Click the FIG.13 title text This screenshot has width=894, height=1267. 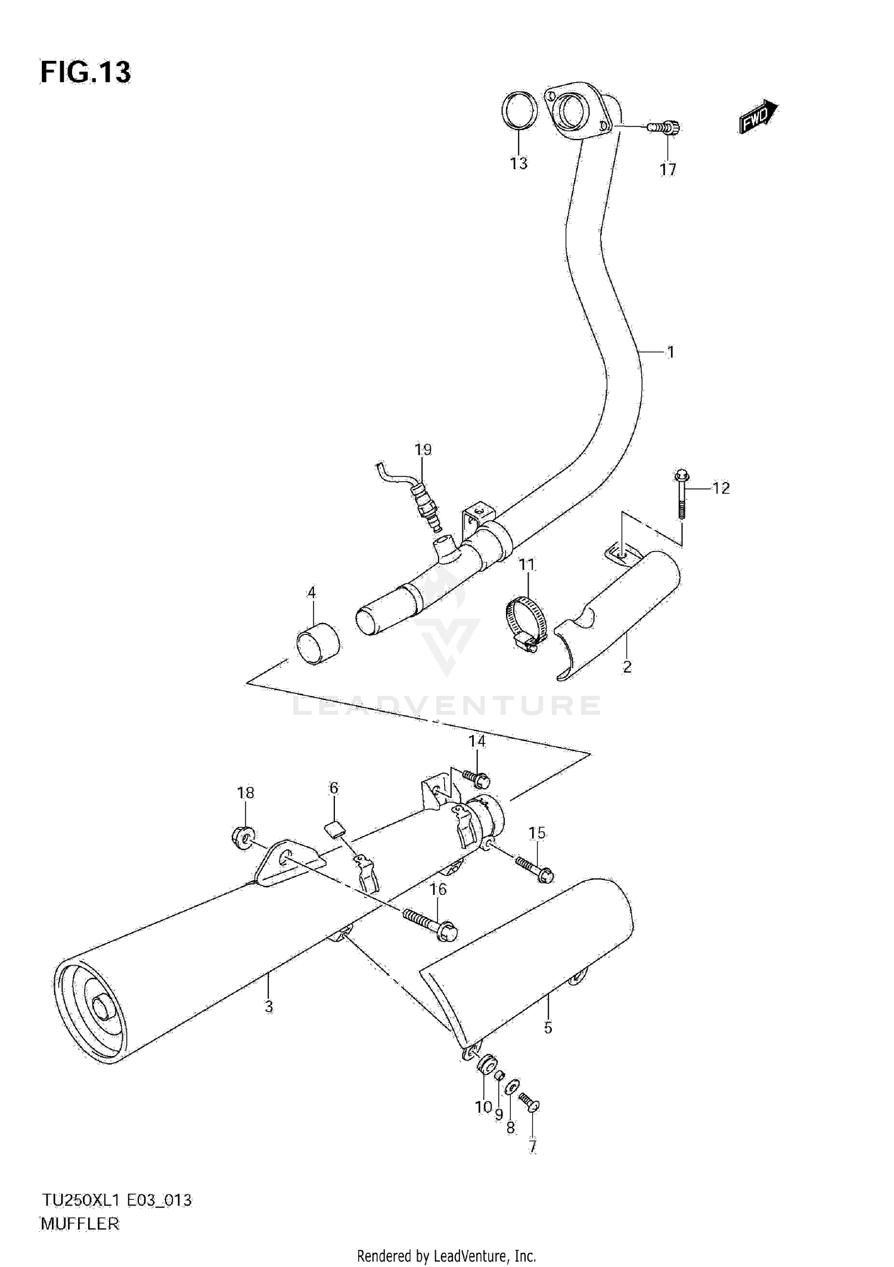[x=85, y=73]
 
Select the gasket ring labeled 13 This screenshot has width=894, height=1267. [x=519, y=111]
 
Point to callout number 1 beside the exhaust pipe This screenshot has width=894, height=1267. [x=670, y=352]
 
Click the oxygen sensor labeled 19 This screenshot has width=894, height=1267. [x=424, y=502]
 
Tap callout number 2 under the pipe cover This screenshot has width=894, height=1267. [x=627, y=667]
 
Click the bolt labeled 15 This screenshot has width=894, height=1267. [x=535, y=870]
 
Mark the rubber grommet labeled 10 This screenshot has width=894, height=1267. [x=486, y=1064]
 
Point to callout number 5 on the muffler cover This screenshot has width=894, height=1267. [x=548, y=1027]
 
